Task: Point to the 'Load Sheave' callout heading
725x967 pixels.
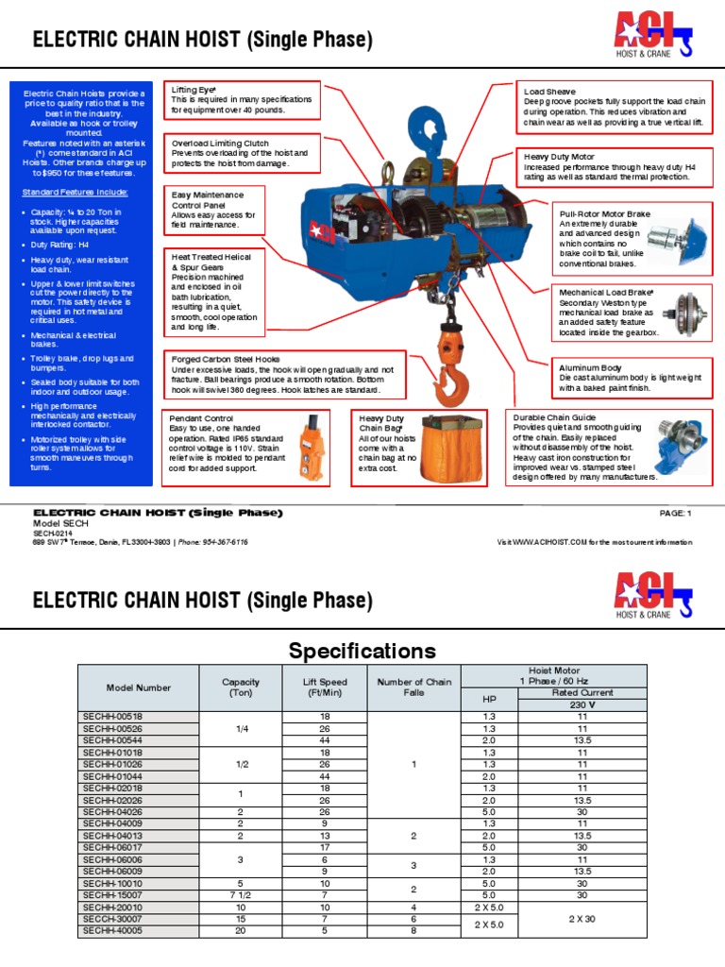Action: (549, 93)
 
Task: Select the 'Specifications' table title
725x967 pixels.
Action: (362, 652)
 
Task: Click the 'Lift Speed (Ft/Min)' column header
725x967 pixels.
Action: (325, 687)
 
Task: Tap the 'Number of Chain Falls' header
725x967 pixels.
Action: (413, 687)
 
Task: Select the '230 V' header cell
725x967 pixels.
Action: (582, 704)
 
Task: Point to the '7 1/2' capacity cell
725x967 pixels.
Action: (240, 895)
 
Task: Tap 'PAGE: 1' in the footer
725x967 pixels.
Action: (676, 513)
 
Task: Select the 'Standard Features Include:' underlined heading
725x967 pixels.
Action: (76, 193)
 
